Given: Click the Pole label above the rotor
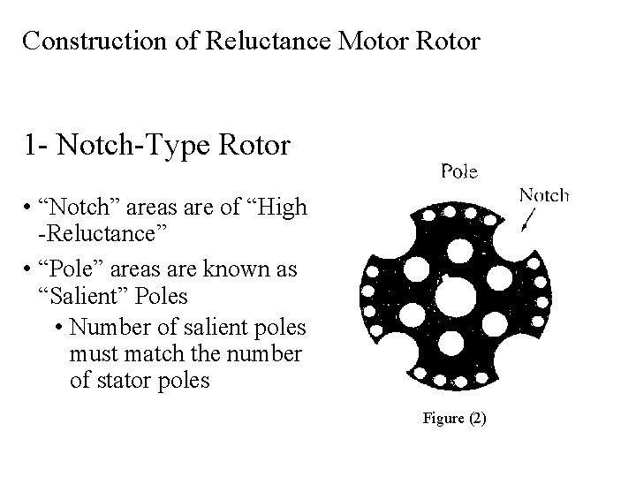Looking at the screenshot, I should [x=459, y=171].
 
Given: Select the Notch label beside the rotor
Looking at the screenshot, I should [x=543, y=195].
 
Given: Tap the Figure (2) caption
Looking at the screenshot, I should [x=453, y=418].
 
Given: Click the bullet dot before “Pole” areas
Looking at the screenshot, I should [x=31, y=267].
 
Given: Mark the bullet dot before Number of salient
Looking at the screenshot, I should [x=58, y=328].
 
